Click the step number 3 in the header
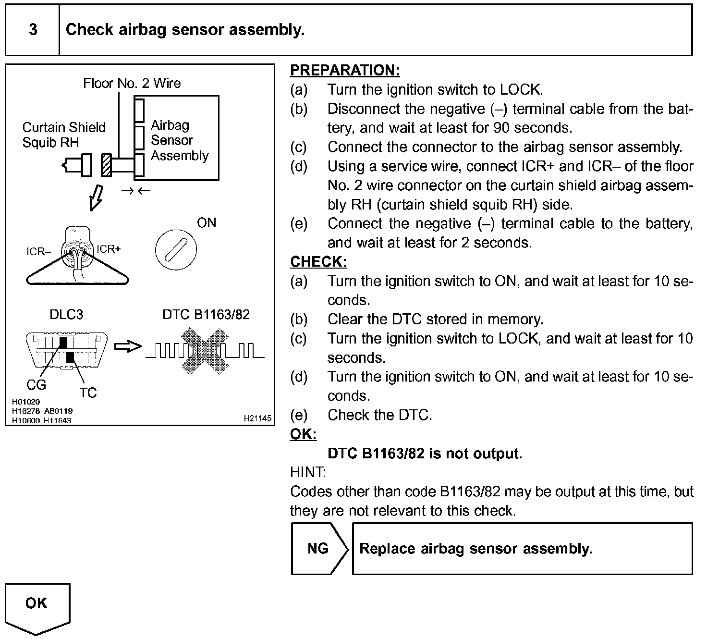click(x=33, y=30)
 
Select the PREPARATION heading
click(x=345, y=70)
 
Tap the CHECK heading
click(x=318, y=262)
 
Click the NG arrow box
click(x=318, y=549)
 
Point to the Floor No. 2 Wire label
click(x=132, y=83)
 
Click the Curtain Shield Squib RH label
click(x=63, y=135)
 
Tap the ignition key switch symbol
click(x=176, y=250)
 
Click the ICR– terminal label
click(x=38, y=252)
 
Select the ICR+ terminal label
click(x=109, y=249)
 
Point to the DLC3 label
click(x=66, y=315)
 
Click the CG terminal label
click(x=36, y=385)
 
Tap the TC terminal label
click(x=88, y=393)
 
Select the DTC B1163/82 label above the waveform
click(x=206, y=314)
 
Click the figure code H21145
click(x=257, y=418)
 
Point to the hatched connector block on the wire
click(x=106, y=165)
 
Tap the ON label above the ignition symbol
click(x=207, y=223)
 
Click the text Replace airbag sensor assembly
click(x=475, y=549)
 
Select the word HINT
click(x=307, y=472)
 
